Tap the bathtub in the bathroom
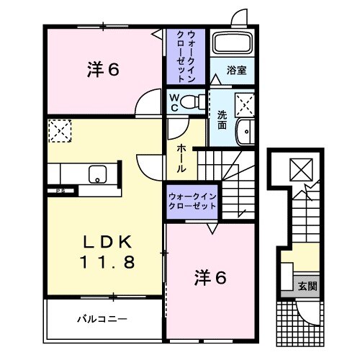point(232,45)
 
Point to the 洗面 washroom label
point(222,118)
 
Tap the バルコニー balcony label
point(102,317)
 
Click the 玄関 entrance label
point(307,285)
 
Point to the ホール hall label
point(182,156)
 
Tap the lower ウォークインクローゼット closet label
point(192,201)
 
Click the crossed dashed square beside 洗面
point(246,105)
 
